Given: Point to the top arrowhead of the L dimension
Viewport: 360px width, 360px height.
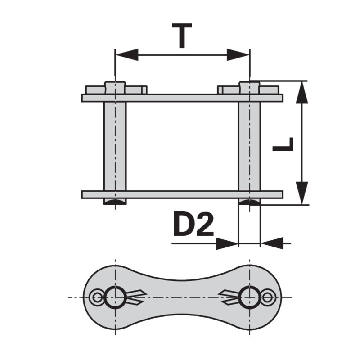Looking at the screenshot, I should [302, 93].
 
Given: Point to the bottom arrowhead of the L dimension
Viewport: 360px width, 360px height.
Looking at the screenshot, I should [302, 193].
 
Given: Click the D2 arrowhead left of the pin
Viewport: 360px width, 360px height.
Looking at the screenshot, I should [227, 243].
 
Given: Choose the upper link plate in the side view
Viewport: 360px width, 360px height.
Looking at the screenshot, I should [182, 98].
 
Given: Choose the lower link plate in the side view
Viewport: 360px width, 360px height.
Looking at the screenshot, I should [182, 194].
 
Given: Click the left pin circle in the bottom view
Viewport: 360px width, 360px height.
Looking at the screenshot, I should [115, 297].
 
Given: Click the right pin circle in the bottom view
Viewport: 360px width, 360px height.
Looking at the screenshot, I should [249, 297].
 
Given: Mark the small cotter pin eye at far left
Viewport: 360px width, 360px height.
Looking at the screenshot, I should [96, 297].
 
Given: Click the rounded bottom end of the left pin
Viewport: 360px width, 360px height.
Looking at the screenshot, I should [115, 202].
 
